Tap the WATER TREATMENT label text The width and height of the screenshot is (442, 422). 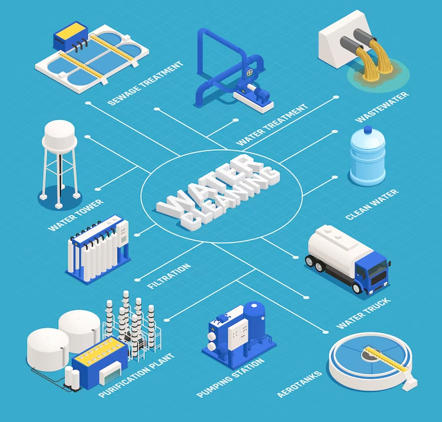273,125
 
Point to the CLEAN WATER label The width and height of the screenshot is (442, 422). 372,205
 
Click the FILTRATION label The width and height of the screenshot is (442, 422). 169,275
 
